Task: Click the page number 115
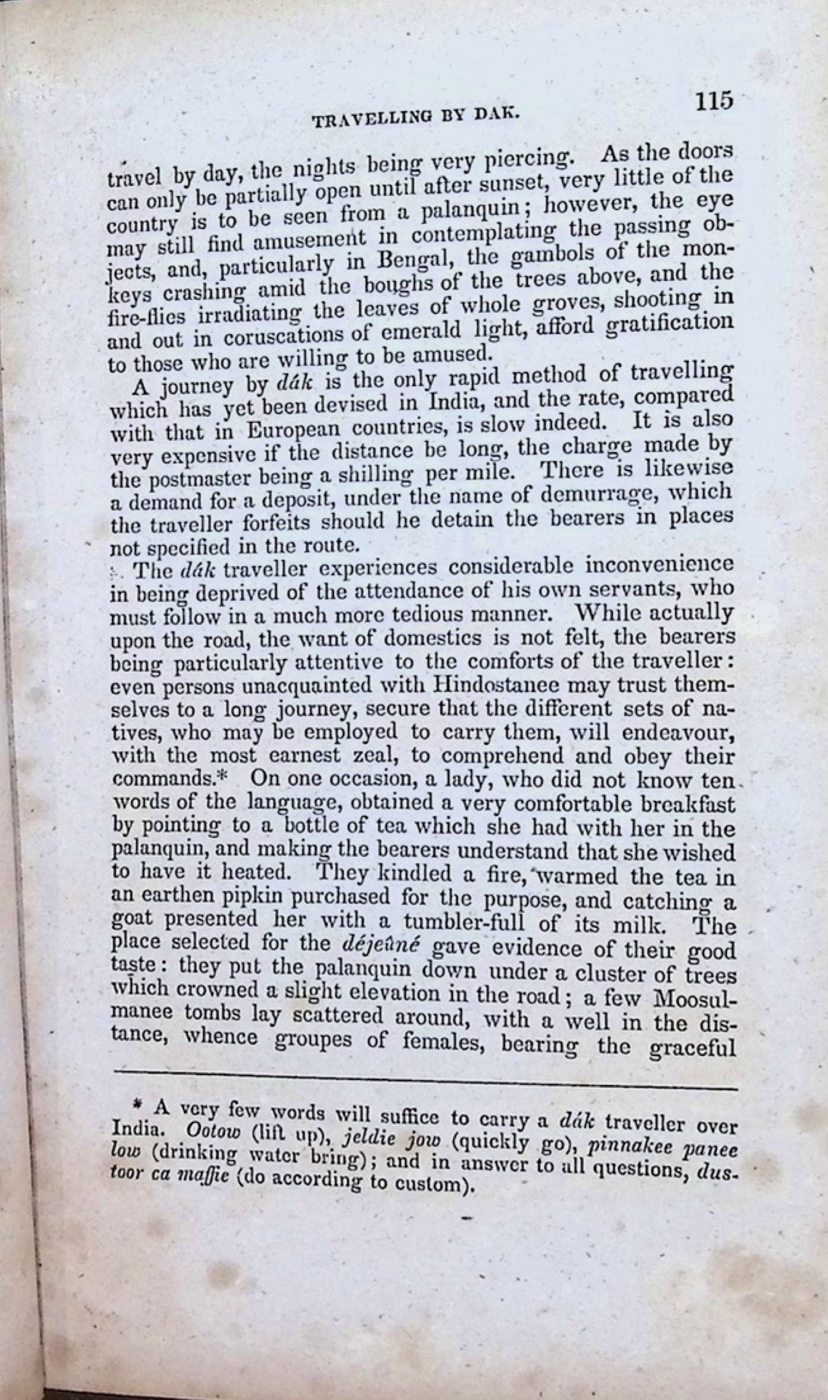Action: [x=714, y=101]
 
